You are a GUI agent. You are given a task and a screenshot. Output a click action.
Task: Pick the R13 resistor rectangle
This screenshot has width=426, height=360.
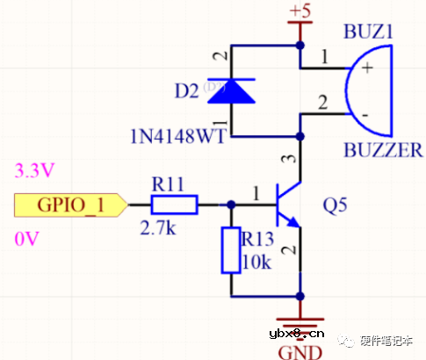(x=231, y=249)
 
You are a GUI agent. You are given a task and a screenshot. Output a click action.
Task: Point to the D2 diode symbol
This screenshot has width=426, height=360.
(x=230, y=90)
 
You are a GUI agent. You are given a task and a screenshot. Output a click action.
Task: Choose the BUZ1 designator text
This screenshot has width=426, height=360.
(x=370, y=31)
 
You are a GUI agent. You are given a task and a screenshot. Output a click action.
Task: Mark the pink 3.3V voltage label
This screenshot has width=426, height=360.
(x=32, y=168)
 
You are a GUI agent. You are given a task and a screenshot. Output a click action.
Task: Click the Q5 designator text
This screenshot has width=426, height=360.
(x=336, y=206)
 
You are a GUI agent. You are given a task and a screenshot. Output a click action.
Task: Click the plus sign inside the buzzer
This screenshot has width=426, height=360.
(x=364, y=67)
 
